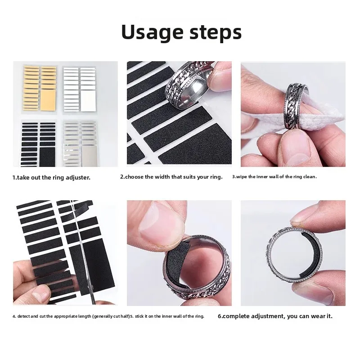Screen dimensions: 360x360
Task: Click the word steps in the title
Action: point(212,33)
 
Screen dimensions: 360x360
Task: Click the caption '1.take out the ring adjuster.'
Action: point(51,177)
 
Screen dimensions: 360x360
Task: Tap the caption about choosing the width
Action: point(171,177)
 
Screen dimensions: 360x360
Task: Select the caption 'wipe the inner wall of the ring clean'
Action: point(274,177)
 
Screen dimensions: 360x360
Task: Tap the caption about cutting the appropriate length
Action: point(71,316)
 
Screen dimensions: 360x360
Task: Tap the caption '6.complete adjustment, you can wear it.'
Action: point(275,316)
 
